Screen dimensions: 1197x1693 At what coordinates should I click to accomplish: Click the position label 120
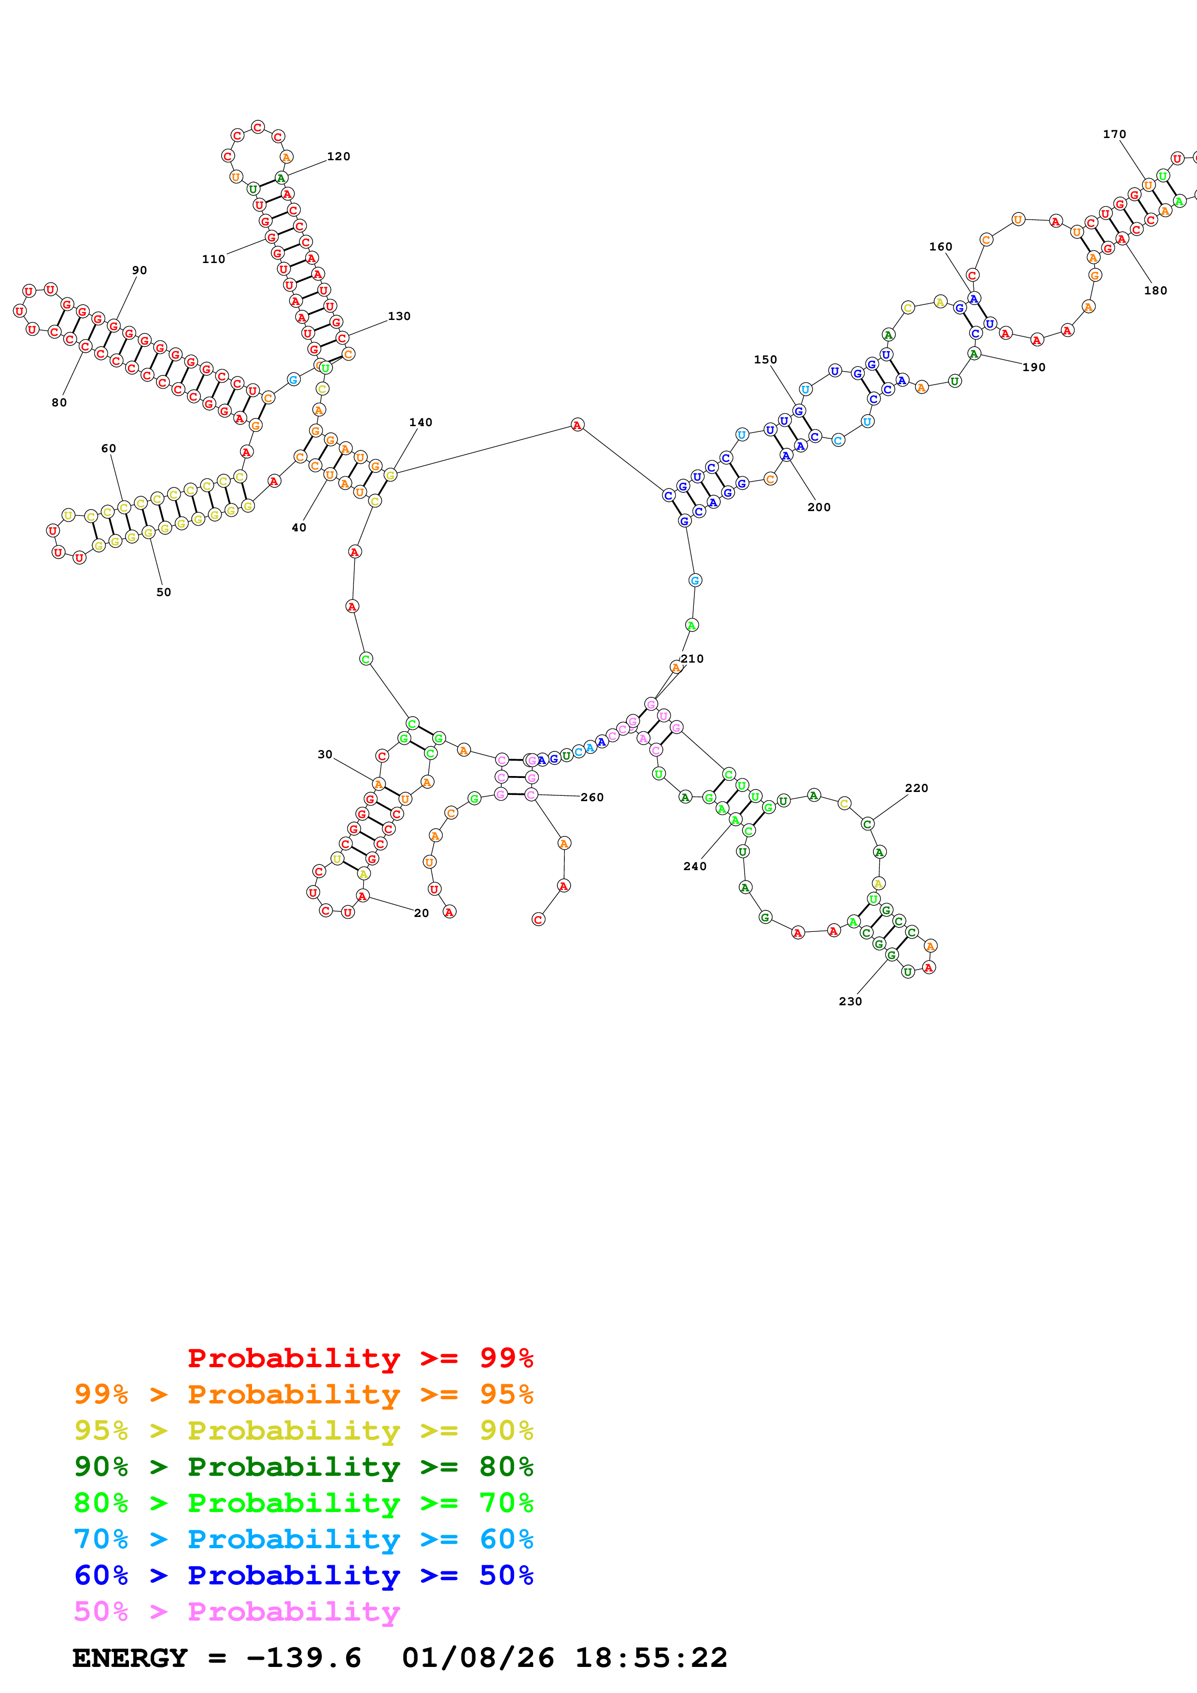click(338, 156)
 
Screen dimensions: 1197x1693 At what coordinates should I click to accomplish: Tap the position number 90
click(140, 271)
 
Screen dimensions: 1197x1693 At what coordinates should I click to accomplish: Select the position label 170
click(1114, 134)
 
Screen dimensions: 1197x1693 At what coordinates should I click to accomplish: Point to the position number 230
click(850, 1001)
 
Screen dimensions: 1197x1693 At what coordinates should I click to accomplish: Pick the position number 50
click(164, 592)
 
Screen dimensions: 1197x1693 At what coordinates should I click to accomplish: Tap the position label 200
click(818, 507)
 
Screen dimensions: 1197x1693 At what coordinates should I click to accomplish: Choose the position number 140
click(421, 422)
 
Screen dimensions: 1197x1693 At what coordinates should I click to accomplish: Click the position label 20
click(421, 913)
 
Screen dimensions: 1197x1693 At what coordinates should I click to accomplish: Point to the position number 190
click(1033, 367)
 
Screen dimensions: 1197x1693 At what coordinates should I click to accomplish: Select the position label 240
click(695, 866)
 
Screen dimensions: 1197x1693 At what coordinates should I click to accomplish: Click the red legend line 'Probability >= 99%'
click(360, 1358)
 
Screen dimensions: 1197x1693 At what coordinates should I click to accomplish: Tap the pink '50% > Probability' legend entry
click(237, 1611)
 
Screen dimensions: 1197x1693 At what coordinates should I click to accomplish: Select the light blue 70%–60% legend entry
click(304, 1539)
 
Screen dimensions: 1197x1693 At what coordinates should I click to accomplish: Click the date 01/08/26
click(478, 1658)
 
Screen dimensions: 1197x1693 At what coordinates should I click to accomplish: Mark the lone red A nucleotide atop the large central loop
click(577, 425)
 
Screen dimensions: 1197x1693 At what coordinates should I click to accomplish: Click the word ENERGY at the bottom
click(130, 1658)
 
